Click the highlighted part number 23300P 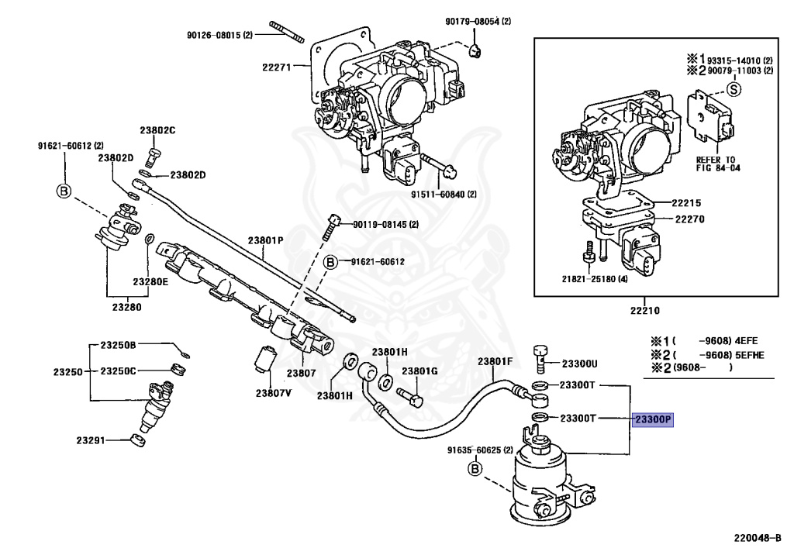tap(653, 419)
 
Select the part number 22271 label tap(277, 67)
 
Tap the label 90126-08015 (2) tap(219, 36)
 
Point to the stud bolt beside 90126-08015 tap(287, 32)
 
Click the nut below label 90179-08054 tap(475, 50)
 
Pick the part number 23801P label tap(265, 240)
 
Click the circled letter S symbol tap(734, 90)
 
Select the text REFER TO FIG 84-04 tap(718, 164)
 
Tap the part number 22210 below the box tap(645, 311)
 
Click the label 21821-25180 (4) tap(595, 279)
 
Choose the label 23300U tap(580, 364)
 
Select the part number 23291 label tap(91, 440)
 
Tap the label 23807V tap(274, 393)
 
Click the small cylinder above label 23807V tap(264, 358)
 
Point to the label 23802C tap(157, 130)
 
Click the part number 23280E tap(150, 282)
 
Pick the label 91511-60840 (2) tap(444, 195)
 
